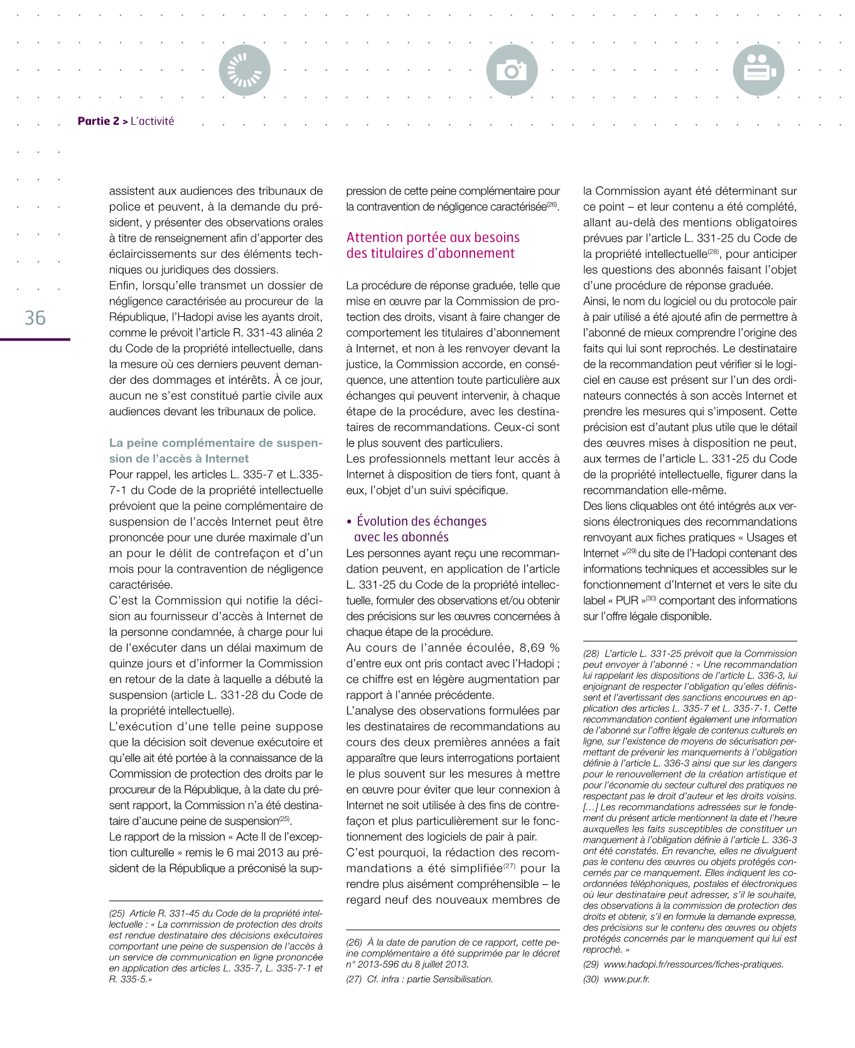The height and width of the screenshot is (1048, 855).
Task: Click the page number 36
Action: click(x=35, y=318)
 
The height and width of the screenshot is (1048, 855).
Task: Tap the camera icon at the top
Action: click(x=512, y=70)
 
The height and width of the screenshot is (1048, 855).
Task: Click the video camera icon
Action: click(x=758, y=70)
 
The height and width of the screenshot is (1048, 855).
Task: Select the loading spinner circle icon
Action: click(x=245, y=70)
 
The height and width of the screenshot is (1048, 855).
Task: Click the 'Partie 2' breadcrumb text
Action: click(x=98, y=121)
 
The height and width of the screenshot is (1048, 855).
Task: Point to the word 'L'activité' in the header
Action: click(x=153, y=121)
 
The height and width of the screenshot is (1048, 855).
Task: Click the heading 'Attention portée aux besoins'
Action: click(x=433, y=238)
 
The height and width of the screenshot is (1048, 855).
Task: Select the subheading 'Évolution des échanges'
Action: click(x=421, y=521)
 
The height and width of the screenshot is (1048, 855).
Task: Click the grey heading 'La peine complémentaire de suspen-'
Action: click(x=215, y=443)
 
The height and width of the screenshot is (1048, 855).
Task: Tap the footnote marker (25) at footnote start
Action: click(x=117, y=914)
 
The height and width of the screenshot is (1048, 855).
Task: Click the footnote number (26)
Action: click(x=354, y=943)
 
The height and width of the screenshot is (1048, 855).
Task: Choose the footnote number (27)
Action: click(x=354, y=979)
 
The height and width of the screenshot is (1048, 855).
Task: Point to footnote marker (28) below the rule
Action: click(x=591, y=654)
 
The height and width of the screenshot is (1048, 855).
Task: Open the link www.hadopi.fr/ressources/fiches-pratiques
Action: click(x=694, y=965)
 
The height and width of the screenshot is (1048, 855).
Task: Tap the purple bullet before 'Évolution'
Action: click(x=350, y=522)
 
